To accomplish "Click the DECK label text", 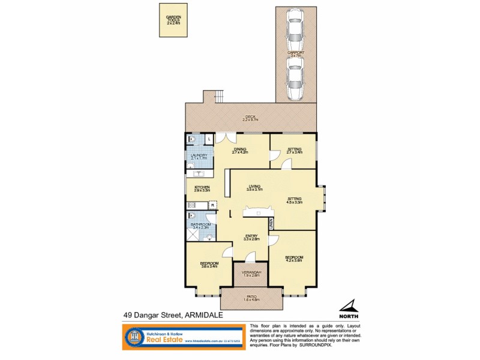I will [x=250, y=118].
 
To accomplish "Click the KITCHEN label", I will [x=202, y=188].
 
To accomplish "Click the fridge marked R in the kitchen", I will [x=212, y=206].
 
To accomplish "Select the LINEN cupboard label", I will [x=271, y=224].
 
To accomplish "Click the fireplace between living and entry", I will [x=256, y=211].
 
